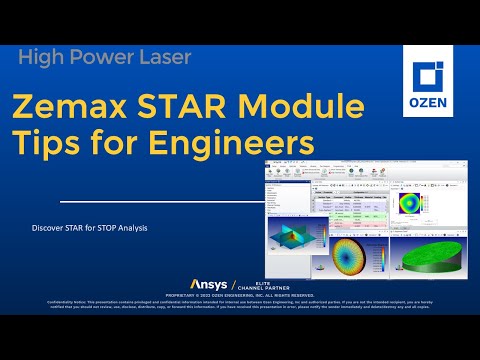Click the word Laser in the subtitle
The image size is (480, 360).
pos(163,58)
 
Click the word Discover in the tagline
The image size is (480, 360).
pos(51,229)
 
